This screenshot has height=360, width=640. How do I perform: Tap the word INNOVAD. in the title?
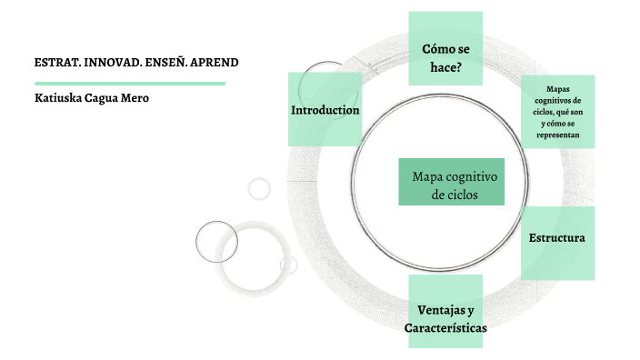click(x=114, y=63)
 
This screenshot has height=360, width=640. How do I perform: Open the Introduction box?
click(x=325, y=110)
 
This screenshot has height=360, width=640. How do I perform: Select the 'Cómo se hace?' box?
click(x=445, y=56)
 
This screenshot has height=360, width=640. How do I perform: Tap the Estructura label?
click(x=556, y=238)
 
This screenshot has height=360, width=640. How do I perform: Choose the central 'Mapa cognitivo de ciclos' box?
click(x=451, y=185)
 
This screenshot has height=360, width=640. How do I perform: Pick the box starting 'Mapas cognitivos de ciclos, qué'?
click(x=558, y=111)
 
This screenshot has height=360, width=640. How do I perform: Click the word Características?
click(x=445, y=327)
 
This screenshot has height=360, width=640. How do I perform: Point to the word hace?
click(x=445, y=66)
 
